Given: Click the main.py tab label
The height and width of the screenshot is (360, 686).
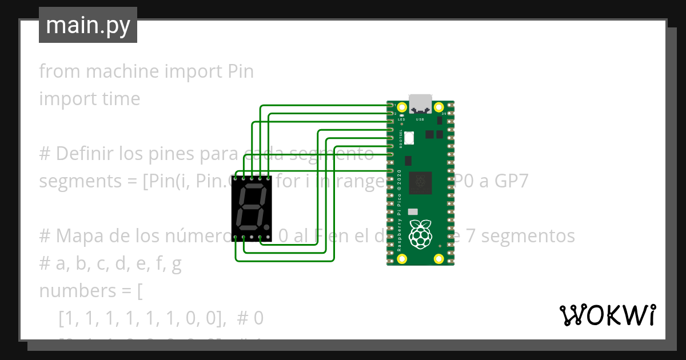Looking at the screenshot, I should tap(87, 26).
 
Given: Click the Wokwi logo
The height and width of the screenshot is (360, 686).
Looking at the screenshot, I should tap(607, 315).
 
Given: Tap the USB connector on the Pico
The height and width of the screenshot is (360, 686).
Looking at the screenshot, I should tap(420, 103).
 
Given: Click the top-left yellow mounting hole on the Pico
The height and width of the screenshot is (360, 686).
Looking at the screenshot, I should tap(402, 107).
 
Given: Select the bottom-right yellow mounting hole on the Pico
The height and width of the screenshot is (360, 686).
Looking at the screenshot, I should tap(439, 259).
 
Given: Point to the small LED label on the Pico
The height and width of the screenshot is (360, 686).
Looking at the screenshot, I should tap(401, 119).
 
